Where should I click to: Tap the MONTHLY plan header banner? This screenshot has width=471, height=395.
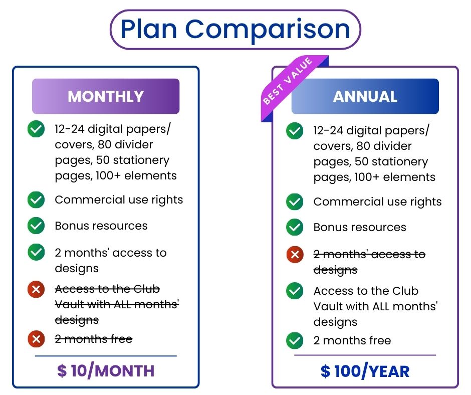click(x=106, y=96)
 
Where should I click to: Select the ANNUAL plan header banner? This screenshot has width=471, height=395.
click(x=365, y=96)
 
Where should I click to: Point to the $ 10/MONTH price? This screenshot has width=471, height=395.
click(x=106, y=371)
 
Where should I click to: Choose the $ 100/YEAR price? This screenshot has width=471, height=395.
click(x=365, y=371)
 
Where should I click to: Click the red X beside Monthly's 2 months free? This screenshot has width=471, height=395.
click(x=36, y=339)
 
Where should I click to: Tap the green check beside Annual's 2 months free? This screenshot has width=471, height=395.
click(x=295, y=340)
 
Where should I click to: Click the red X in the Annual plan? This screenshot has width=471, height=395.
click(x=295, y=255)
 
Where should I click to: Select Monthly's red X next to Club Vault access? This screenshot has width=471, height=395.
click(x=36, y=289)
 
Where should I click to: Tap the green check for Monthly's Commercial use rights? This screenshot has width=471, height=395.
click(x=36, y=200)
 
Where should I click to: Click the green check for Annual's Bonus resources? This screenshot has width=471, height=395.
click(x=295, y=227)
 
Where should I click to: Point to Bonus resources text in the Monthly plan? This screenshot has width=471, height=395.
click(x=101, y=226)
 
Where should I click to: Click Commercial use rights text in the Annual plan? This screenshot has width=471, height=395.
click(x=377, y=202)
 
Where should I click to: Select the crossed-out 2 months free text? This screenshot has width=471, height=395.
click(x=94, y=339)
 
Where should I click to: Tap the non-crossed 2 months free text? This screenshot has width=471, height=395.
click(x=352, y=340)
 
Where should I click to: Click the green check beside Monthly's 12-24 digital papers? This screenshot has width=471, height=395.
click(x=36, y=129)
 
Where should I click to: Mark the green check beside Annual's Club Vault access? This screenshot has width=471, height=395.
click(x=295, y=291)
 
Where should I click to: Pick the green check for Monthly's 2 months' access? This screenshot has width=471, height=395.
click(x=36, y=252)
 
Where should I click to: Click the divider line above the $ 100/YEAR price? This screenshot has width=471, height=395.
click(x=365, y=355)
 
